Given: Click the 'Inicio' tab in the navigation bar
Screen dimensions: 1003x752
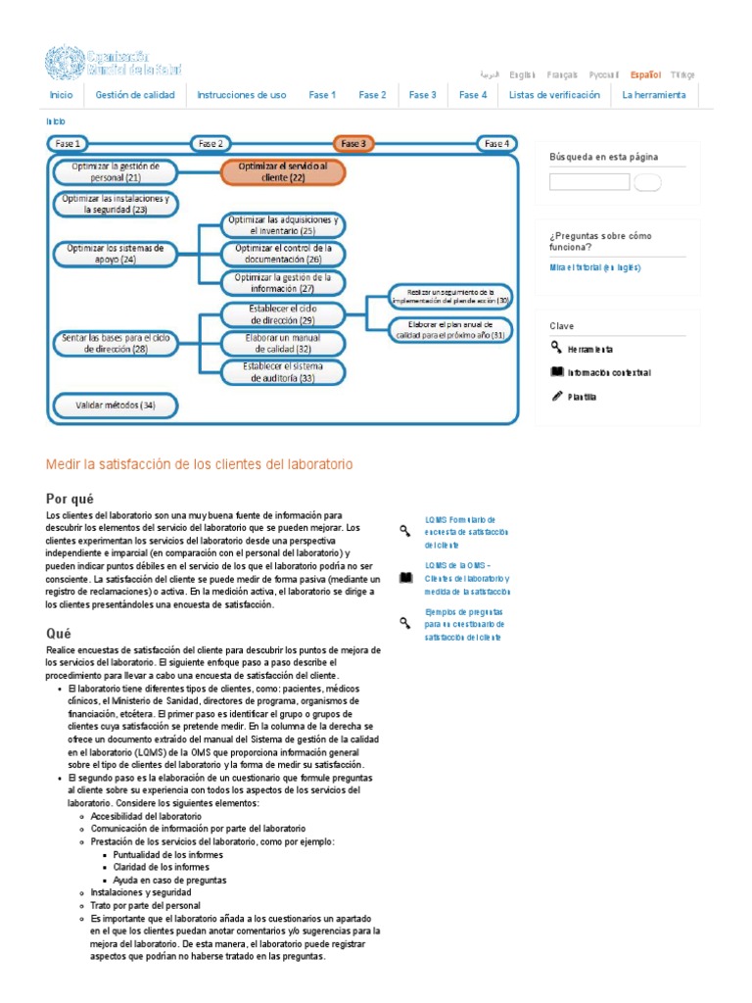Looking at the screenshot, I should [61, 95].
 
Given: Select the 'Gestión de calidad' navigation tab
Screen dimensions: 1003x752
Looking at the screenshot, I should [135, 95].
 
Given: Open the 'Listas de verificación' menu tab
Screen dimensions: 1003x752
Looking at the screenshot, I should [554, 95].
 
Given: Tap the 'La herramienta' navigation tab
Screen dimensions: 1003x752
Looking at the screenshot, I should [654, 95].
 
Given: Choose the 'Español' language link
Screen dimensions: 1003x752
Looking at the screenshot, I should [645, 74].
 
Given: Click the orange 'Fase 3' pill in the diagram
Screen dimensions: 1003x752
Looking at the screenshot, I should [353, 144].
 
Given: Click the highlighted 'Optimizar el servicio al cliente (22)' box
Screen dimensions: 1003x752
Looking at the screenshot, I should [283, 172].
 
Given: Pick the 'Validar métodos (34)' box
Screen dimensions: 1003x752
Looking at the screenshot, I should [115, 405].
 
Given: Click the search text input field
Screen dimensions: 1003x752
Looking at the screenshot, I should [589, 181].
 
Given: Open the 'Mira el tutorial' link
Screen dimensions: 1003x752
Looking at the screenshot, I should [594, 267].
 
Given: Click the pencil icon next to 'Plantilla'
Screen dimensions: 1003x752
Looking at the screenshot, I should [557, 396].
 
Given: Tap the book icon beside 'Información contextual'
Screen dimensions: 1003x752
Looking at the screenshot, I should [557, 372].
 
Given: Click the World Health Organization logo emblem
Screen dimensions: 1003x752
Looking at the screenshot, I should [65, 64].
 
